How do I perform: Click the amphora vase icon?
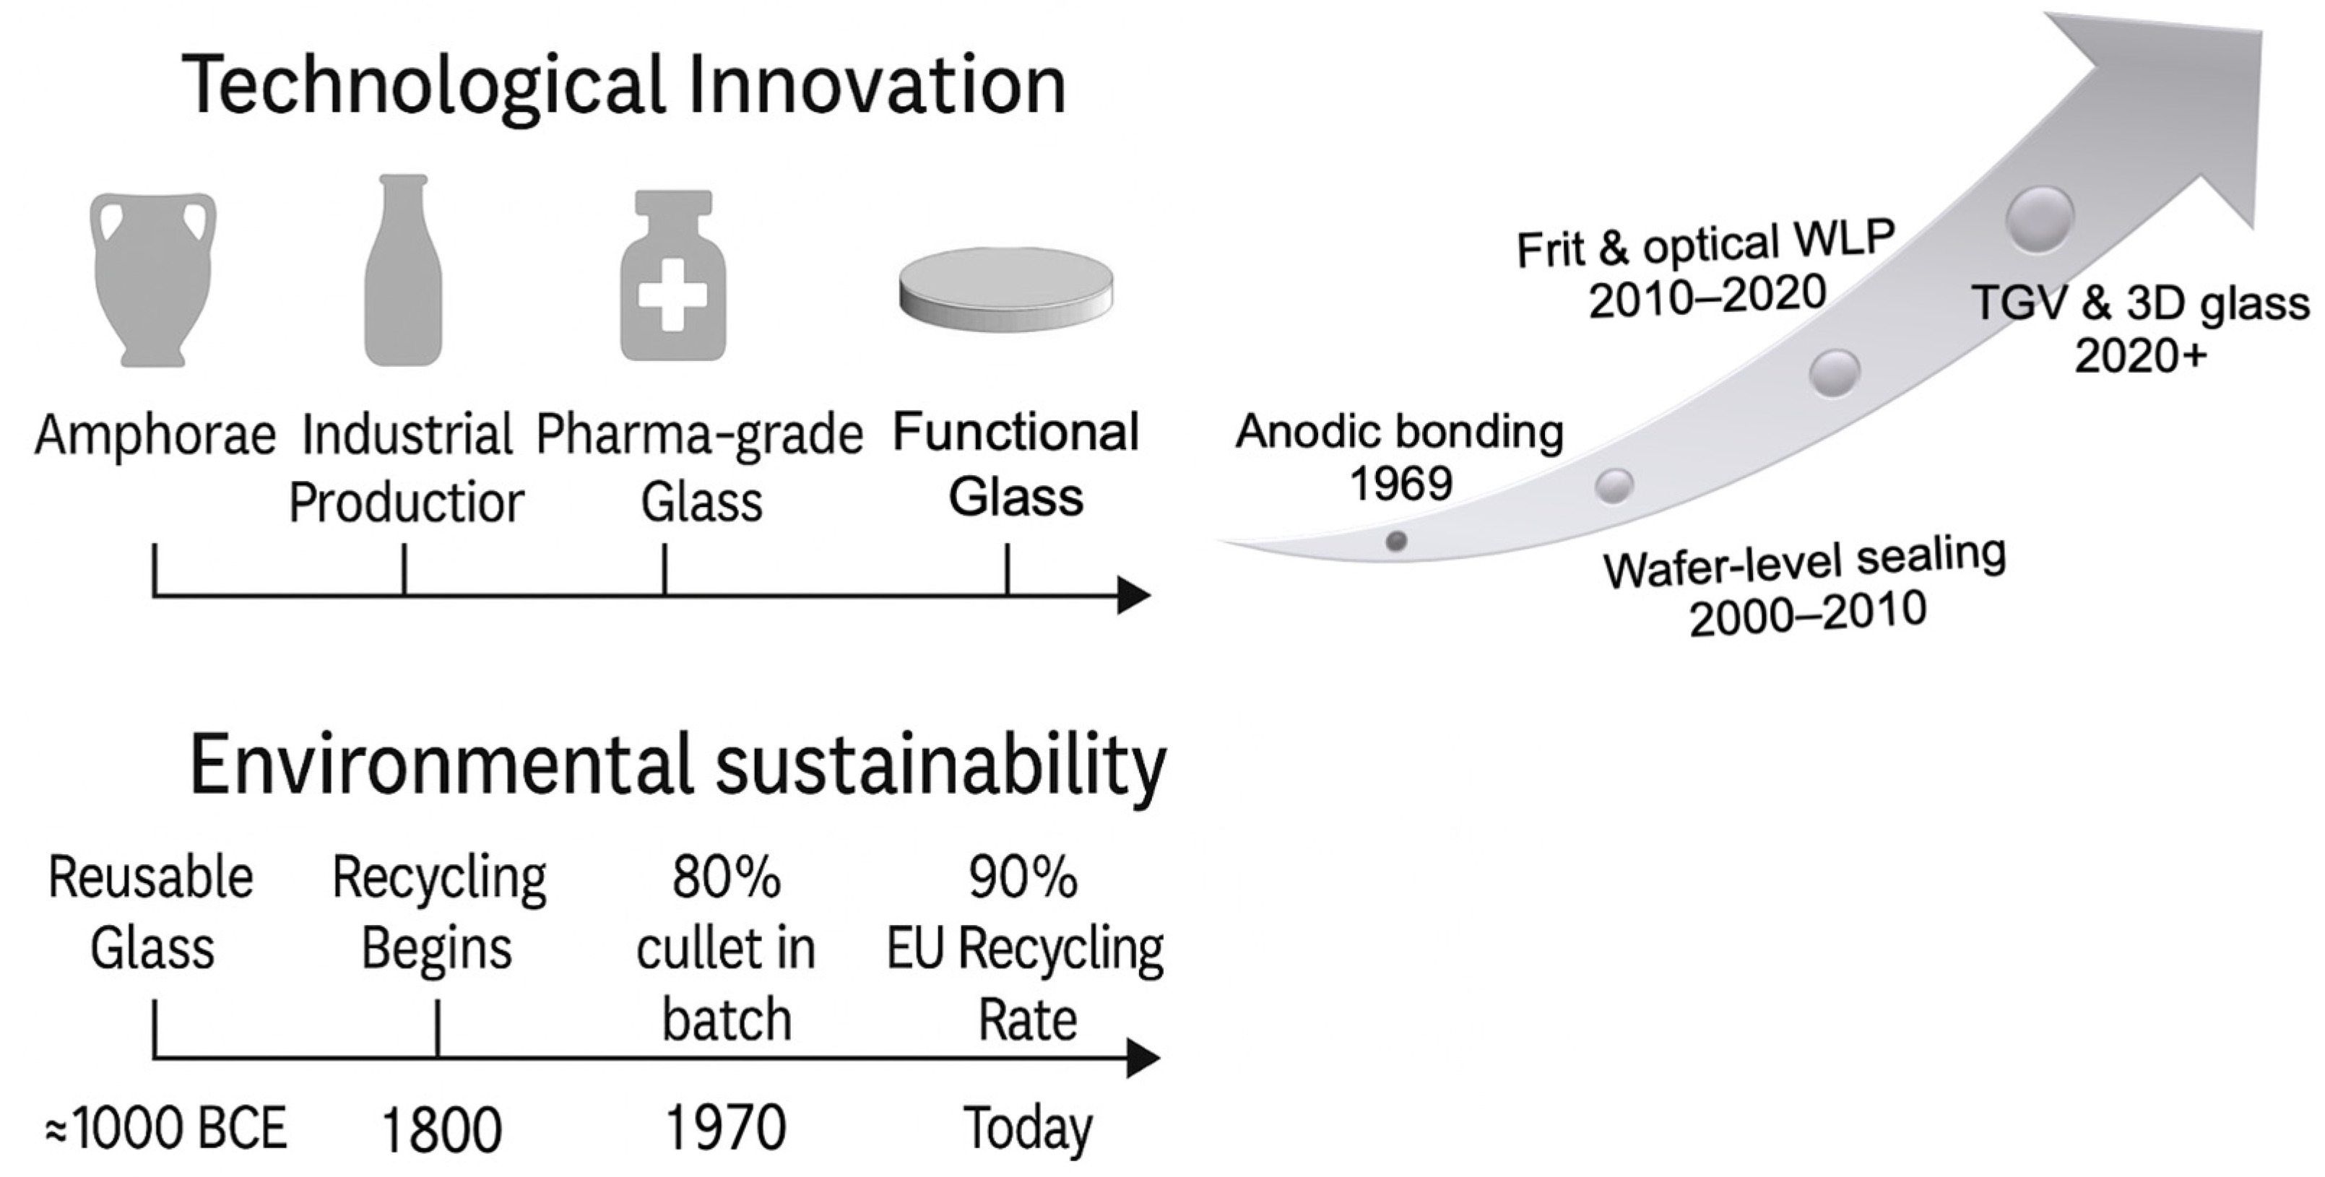point(153,280)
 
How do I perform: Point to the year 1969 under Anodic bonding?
point(1400,484)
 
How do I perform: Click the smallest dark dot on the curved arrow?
point(1396,542)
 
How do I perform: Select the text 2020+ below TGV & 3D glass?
point(2140,355)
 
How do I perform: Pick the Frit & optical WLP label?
point(1705,244)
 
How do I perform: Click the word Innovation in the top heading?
point(875,86)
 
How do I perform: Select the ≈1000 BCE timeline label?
point(166,1128)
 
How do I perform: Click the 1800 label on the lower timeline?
point(441,1130)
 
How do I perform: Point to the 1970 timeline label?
point(726,1128)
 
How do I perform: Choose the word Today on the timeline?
point(1028,1128)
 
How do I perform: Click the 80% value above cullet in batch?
point(726,877)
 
